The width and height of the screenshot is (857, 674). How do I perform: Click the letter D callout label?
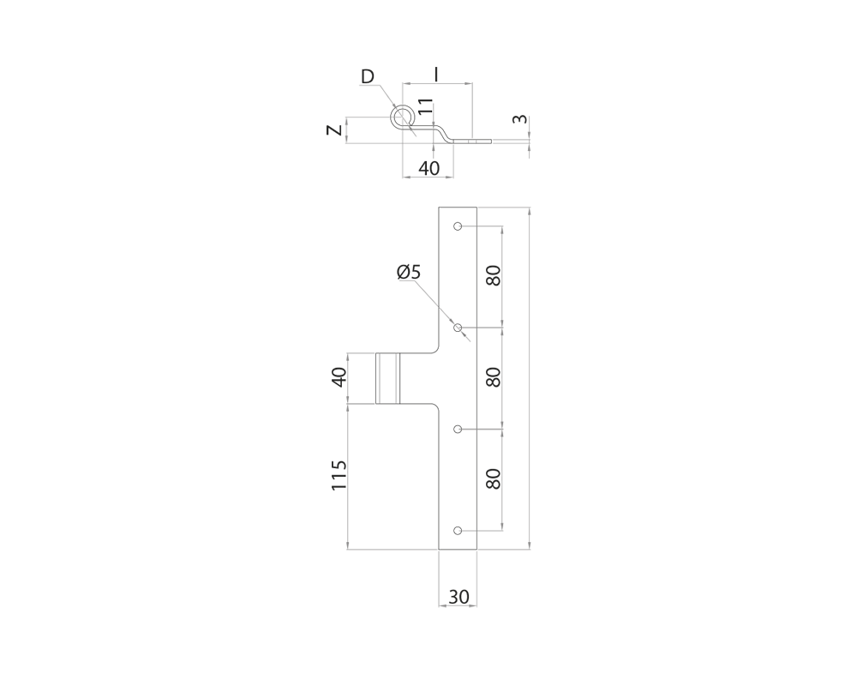368,76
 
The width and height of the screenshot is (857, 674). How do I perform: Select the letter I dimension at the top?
436,74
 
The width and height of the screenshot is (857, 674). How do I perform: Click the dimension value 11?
426,106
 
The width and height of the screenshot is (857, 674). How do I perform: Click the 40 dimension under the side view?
429,168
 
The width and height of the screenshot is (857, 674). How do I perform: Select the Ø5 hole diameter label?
410,271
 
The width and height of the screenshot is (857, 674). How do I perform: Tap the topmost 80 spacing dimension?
494,275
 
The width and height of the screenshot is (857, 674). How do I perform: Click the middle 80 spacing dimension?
494,377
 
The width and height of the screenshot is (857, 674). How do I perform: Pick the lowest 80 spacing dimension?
494,478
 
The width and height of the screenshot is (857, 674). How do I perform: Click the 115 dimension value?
339,475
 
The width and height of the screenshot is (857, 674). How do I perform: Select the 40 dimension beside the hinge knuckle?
339,377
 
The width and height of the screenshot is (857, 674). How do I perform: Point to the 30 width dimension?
458,597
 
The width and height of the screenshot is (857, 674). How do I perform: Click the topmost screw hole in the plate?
458,226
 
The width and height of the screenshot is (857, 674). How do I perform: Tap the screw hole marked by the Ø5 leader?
458,328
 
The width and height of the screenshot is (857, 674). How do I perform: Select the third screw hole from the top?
458,429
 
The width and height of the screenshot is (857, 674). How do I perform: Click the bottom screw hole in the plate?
458,530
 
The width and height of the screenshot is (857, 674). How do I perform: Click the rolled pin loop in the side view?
402,117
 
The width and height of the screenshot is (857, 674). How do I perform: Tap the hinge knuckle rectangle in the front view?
388,378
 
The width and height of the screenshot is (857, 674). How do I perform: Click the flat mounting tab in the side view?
472,141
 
